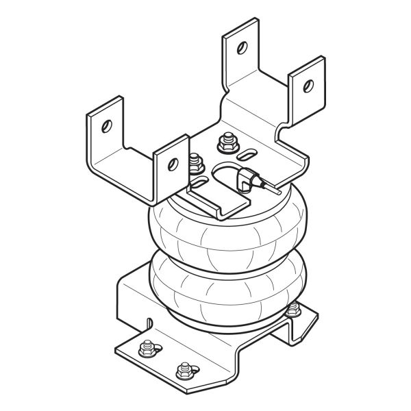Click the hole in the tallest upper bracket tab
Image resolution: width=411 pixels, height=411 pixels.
coord(241,47)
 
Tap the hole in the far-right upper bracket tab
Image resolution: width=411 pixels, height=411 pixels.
coord(308,85)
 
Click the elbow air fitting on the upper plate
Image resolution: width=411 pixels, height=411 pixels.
coord(240,180)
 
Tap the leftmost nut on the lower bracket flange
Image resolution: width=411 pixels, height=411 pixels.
coord(145,349)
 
